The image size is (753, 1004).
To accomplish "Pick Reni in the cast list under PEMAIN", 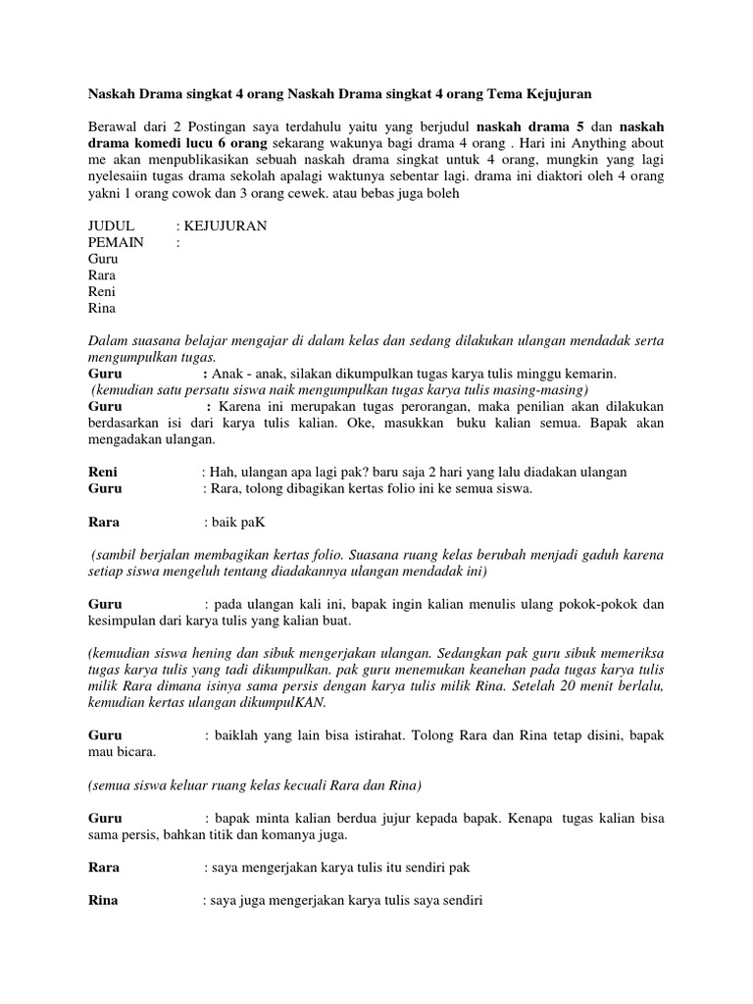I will click(102, 292).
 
